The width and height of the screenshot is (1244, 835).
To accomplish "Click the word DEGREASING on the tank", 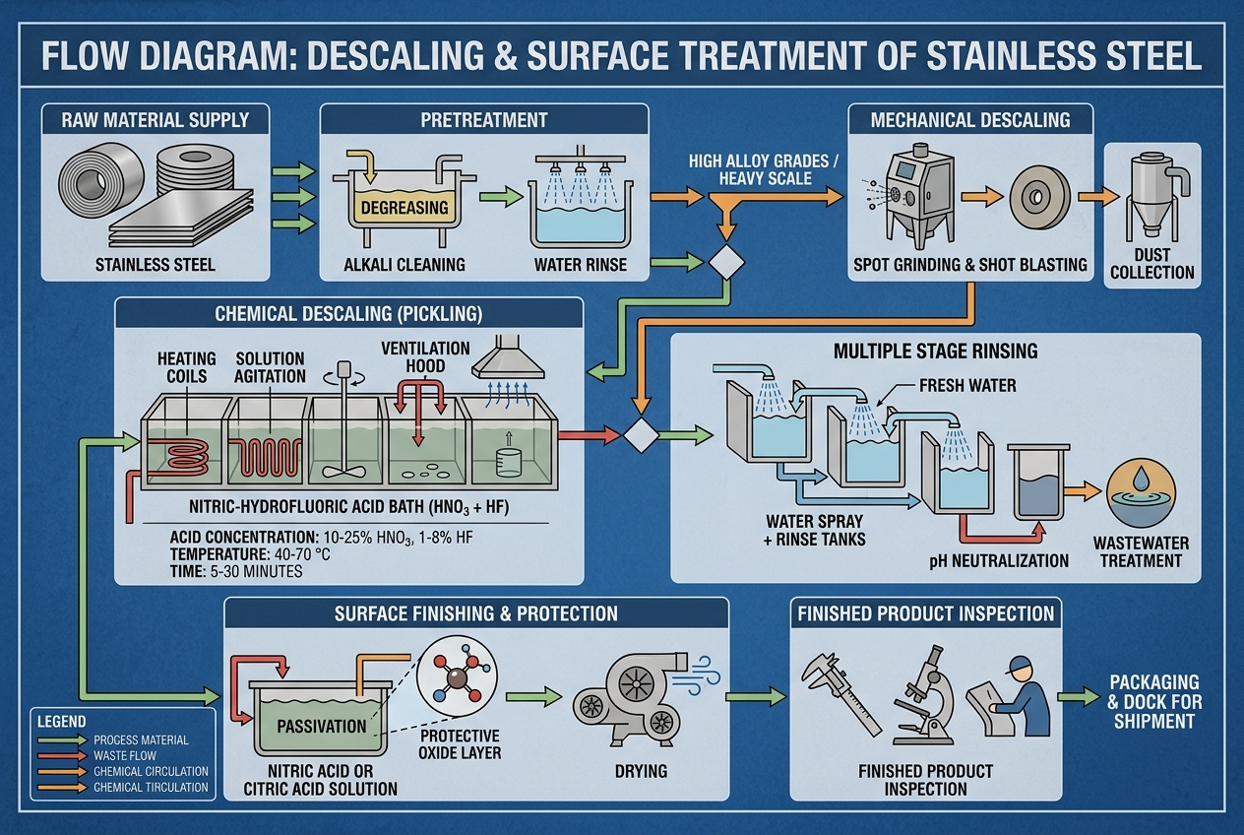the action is (404, 208).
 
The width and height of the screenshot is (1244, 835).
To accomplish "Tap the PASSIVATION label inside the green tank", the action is (322, 726).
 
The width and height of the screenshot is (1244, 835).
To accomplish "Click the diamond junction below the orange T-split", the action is (726, 262).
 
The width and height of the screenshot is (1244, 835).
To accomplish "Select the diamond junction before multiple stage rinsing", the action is (641, 435).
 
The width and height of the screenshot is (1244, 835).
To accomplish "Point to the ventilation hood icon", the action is (508, 356).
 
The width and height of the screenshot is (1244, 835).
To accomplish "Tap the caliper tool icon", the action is (840, 693).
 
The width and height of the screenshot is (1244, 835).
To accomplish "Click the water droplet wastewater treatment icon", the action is (1141, 491).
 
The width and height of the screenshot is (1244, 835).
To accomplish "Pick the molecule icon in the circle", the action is (457, 675).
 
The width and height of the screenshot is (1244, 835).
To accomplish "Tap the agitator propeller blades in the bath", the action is (344, 472).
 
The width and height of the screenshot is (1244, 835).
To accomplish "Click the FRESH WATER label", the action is (967, 386).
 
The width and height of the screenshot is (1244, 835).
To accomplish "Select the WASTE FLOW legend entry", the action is (125, 755).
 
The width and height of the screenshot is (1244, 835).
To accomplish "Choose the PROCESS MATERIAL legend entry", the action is (141, 740).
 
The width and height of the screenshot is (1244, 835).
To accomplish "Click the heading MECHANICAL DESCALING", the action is (970, 120).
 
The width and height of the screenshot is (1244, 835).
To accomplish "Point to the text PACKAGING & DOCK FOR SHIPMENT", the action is (1154, 702).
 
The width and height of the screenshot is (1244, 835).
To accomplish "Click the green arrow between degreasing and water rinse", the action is (500, 197).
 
